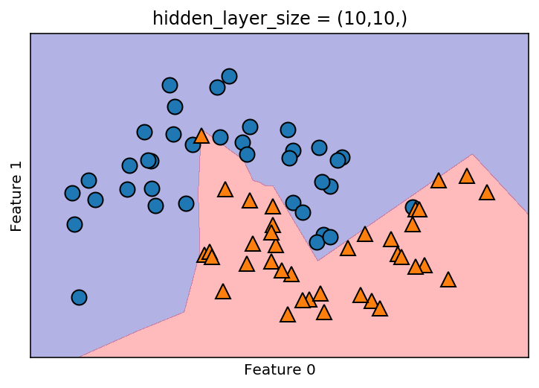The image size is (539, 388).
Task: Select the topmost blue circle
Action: (229, 76)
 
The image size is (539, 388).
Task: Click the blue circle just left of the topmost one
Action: (217, 87)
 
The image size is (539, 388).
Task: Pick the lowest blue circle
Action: (79, 297)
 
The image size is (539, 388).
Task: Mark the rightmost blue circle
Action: (413, 207)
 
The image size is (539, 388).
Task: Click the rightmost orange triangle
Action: (487, 192)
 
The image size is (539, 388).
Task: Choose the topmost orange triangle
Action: (201, 136)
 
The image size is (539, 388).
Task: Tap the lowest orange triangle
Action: (288, 314)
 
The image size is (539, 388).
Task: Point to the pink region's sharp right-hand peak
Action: (472, 155)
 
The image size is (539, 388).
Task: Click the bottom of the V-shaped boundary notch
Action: (318, 260)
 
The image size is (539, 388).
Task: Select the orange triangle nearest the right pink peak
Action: (467, 176)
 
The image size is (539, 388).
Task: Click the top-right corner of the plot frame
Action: (527, 34)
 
